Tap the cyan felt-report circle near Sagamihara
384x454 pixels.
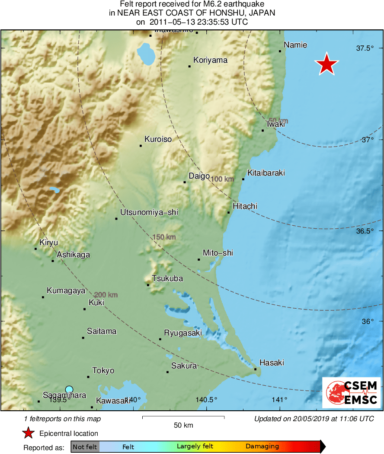69,389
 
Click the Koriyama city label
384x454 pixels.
210,60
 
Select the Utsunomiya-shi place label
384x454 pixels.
149,212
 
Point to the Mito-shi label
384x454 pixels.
218,253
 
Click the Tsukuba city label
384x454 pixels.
167,278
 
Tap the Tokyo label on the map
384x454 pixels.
103,371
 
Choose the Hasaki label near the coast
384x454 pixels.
271,363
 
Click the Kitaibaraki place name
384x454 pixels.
266,173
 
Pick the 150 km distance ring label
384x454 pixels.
164,237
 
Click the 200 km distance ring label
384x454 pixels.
106,295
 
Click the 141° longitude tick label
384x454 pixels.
280,400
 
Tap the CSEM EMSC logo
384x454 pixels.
351,392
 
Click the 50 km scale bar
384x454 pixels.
183,417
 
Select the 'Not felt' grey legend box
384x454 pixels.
85,447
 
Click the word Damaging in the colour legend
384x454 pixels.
262,447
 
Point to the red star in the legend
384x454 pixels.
28,433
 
